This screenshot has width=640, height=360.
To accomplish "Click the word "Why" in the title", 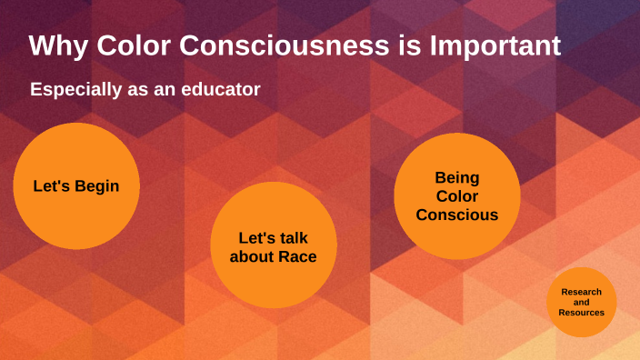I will tap(55, 45).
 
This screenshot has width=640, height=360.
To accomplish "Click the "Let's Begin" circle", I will tap(75, 186).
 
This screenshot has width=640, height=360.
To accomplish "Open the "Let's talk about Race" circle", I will tap(273, 246).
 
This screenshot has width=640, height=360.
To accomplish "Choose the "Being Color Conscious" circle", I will tap(456, 196).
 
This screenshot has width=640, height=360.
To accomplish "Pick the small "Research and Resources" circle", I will tap(581, 302).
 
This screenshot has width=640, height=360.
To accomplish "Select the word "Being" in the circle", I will tap(456, 177).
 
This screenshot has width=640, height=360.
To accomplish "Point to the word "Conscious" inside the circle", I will tap(456, 215).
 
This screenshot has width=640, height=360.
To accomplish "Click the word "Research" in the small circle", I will tap(581, 292).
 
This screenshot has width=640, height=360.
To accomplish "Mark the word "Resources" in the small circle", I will tap(581, 313).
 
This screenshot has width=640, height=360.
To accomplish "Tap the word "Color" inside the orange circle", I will tap(456, 196).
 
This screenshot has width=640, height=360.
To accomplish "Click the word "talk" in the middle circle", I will tap(290, 237).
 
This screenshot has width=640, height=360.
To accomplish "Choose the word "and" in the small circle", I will tap(581, 302).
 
